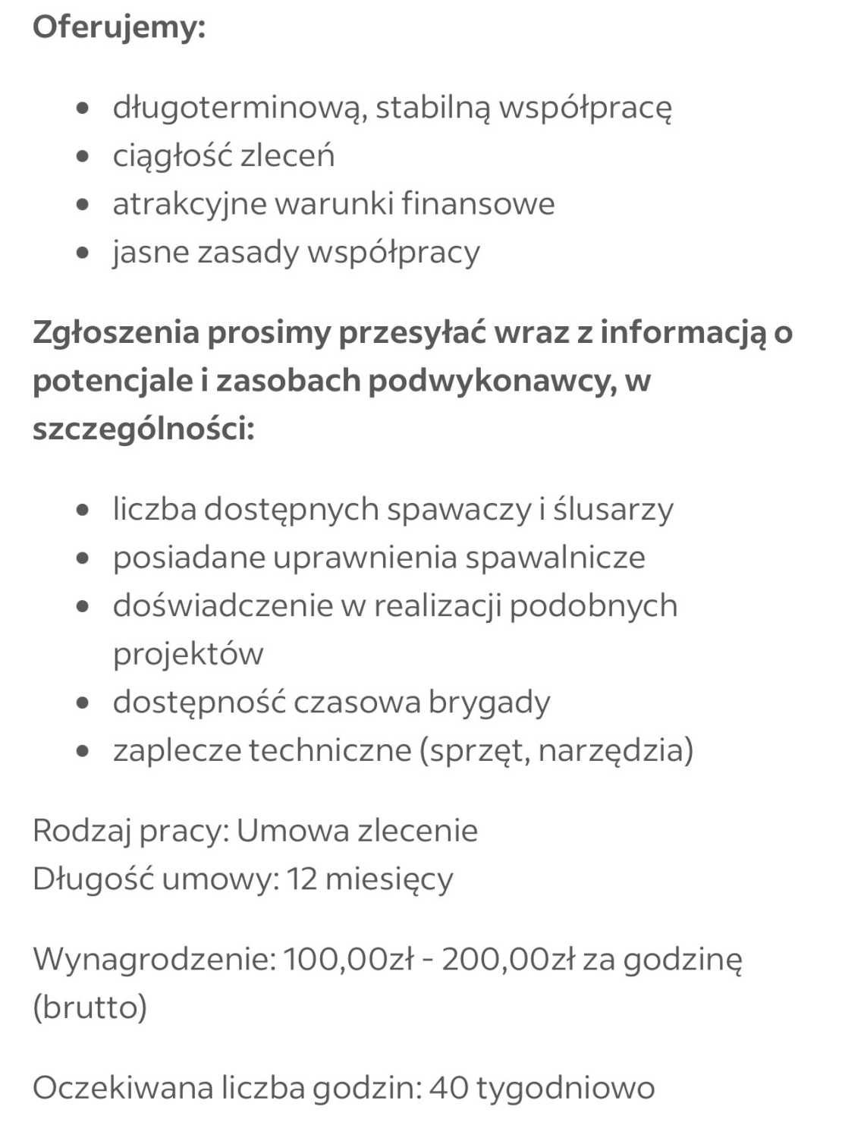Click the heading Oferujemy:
coord(119,28)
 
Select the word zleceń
coord(287,156)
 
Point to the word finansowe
coord(478,204)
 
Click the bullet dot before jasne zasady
coord(83,253)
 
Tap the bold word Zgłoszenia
coord(115,332)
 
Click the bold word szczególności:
coord(143,429)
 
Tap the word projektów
coord(188,654)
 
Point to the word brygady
coord(489,703)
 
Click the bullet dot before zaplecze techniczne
coord(83,751)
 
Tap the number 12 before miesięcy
coord(302,879)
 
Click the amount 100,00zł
coord(348,960)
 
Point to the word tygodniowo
coord(565,1088)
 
